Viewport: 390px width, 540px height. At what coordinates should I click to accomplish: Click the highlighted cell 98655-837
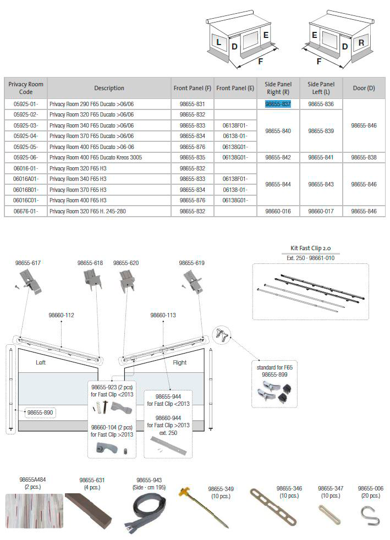pos(278,104)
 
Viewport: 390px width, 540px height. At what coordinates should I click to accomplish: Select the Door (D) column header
pos(364,88)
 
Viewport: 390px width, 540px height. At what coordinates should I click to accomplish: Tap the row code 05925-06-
pos(25,157)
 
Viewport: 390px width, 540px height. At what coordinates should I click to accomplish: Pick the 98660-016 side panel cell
pos(278,211)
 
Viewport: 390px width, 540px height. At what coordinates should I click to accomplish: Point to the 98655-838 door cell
pos(364,157)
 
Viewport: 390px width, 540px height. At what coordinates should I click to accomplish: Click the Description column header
pos(109,88)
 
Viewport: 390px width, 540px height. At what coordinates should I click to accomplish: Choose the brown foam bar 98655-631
pos(89,509)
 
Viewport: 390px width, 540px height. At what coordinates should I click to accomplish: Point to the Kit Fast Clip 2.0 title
pos(310,248)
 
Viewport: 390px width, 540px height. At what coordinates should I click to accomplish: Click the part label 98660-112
pos(61,315)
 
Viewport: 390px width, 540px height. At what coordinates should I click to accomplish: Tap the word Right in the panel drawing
pos(180,363)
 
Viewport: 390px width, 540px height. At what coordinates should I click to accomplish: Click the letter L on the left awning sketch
pos(218,42)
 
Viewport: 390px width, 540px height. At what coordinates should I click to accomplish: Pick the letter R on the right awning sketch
pos(361,42)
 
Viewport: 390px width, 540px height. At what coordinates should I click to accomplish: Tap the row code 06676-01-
pos(25,211)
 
